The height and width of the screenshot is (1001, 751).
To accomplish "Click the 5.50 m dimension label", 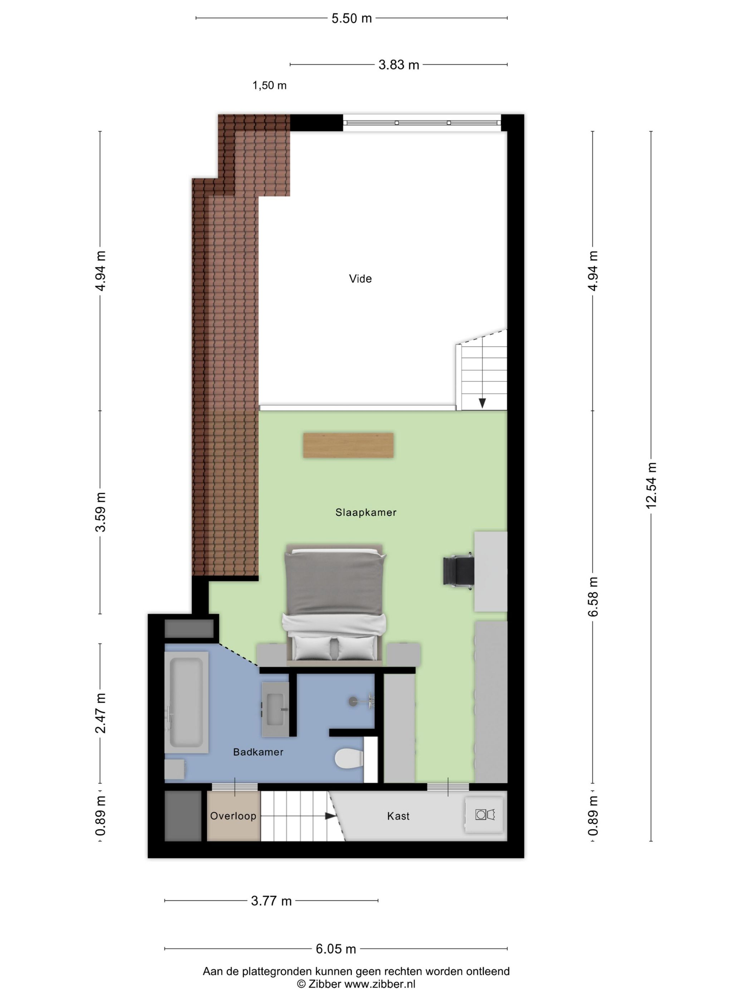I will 351,19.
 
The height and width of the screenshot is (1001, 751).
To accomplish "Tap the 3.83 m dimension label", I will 398,65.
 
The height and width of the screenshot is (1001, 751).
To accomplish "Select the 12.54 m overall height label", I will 651,485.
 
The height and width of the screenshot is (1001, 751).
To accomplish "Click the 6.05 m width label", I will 335,948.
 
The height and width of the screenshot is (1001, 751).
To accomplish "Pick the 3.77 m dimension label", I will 271,901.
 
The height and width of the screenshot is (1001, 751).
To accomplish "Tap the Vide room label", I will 360,279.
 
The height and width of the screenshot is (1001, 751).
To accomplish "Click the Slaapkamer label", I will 366,512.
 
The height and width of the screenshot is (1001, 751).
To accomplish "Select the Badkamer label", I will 258,752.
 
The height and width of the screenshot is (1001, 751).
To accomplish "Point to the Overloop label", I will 233,815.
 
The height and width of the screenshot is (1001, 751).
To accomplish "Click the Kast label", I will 398,816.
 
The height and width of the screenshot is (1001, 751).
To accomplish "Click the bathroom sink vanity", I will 275,709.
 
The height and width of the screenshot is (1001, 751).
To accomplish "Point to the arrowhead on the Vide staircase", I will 482,402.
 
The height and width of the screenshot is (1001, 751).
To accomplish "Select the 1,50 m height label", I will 269,85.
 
